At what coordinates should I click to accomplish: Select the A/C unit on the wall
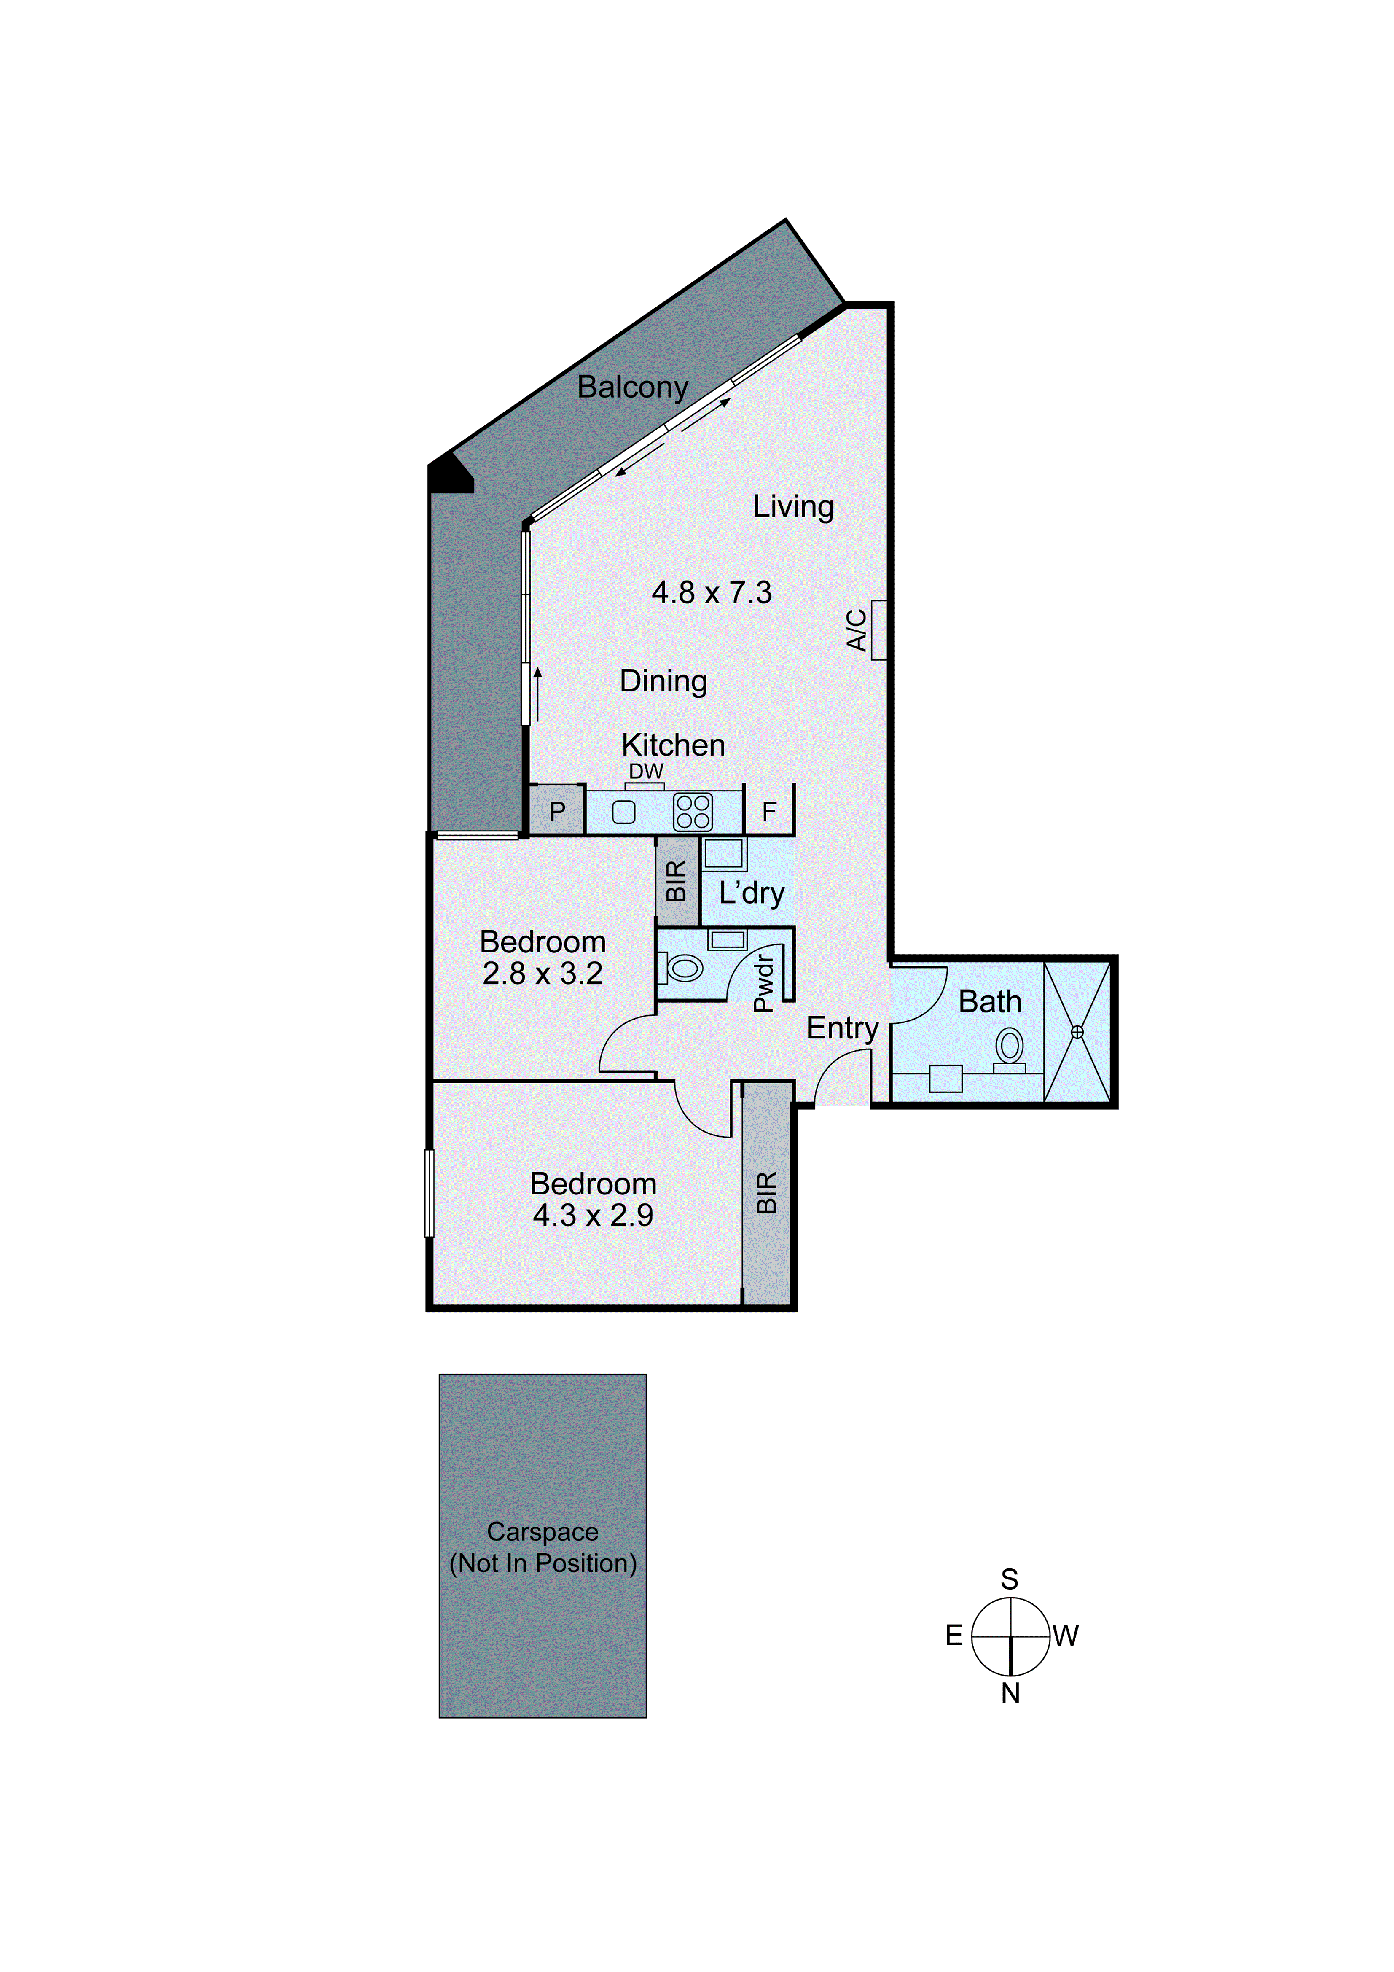click(878, 630)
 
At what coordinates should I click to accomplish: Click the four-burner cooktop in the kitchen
click(692, 812)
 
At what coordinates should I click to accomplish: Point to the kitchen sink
click(623, 812)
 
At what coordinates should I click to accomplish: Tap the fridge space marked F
click(769, 811)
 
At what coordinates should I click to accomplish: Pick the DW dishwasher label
click(646, 771)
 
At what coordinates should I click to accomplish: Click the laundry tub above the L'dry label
click(724, 855)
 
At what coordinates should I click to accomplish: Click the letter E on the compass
click(954, 1636)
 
